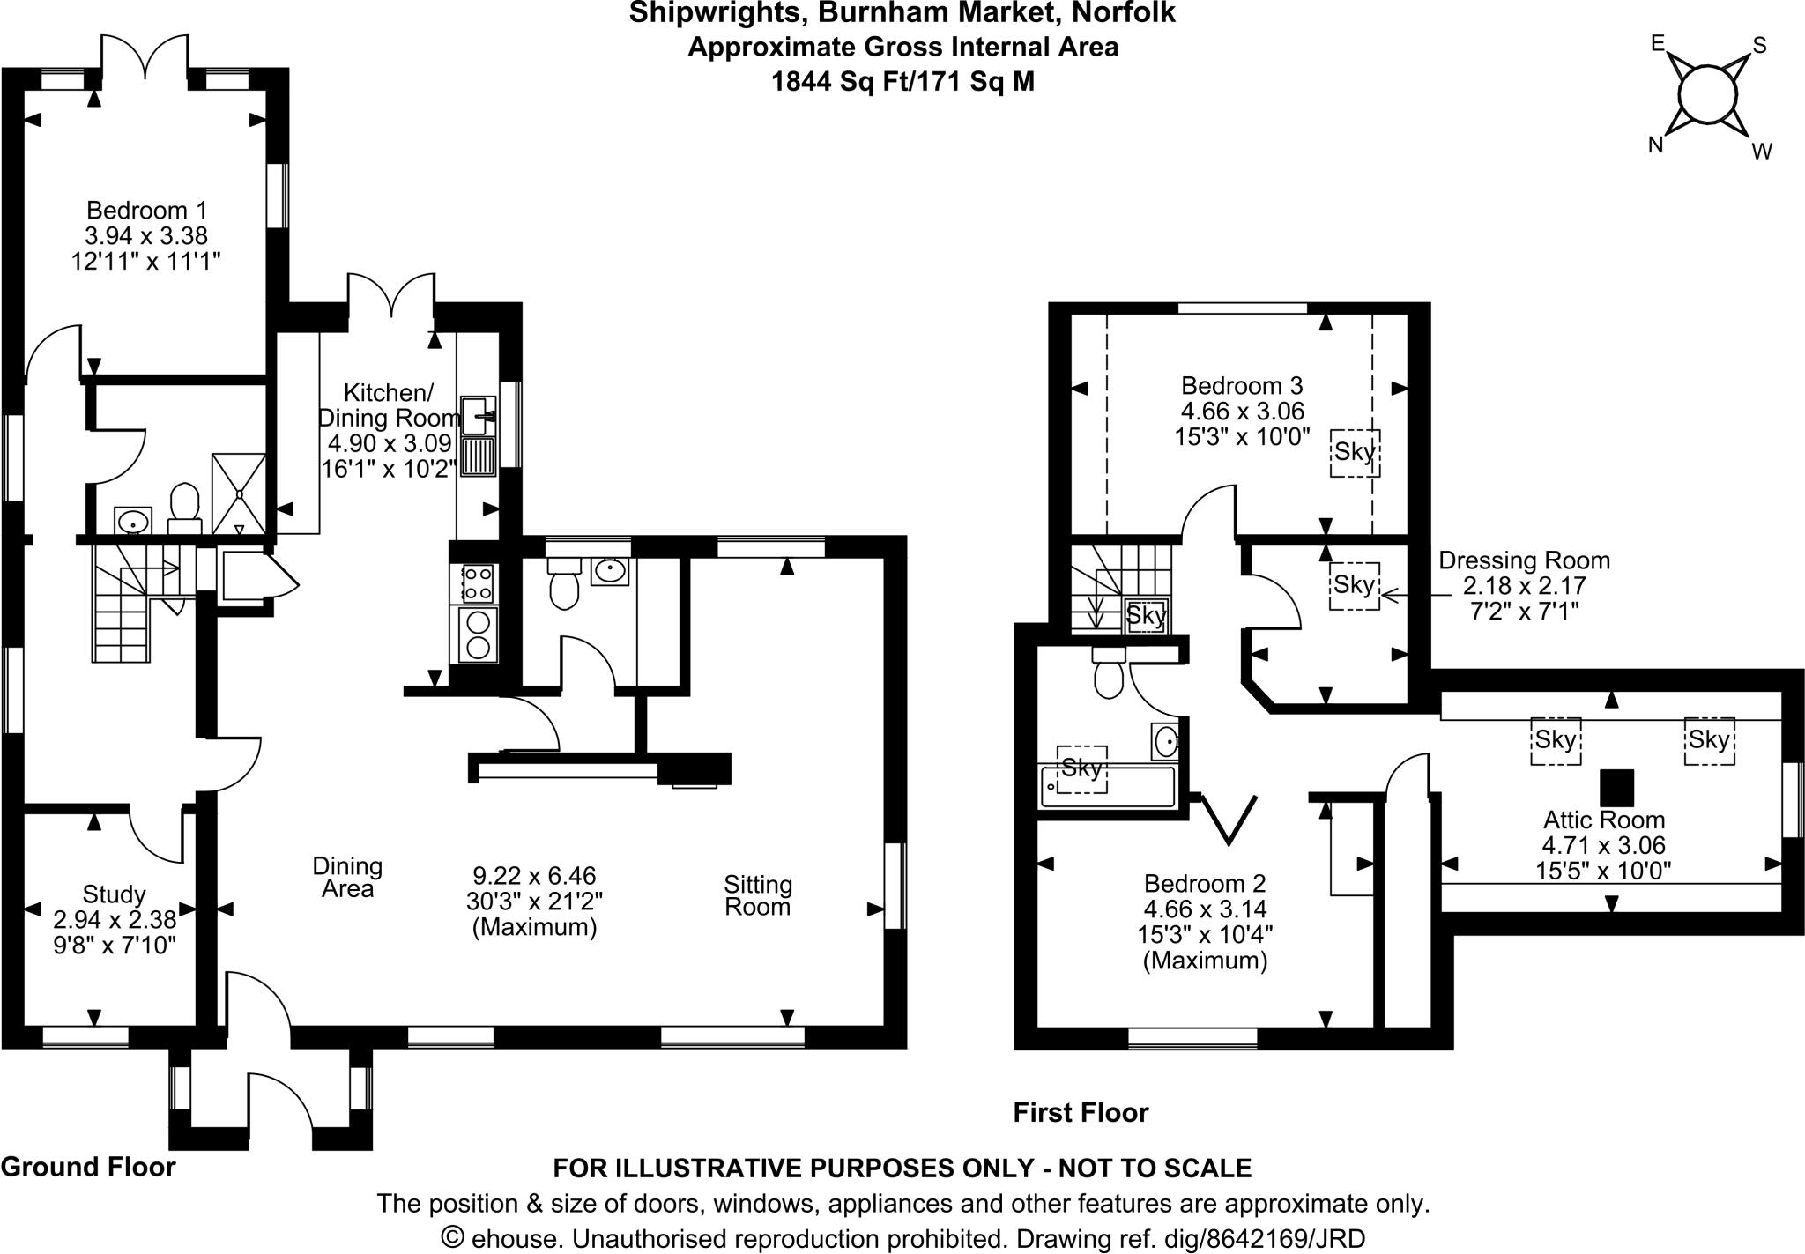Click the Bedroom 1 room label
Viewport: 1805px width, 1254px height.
point(147,211)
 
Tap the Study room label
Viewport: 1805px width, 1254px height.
point(114,894)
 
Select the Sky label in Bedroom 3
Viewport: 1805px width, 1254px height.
point(1355,452)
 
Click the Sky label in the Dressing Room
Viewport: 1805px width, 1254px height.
point(1354,585)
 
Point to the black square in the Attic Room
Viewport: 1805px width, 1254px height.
point(1616,787)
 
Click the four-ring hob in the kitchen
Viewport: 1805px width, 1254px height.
point(477,583)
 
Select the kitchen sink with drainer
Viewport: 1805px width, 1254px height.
point(479,435)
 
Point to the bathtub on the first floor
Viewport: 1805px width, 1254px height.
point(1108,786)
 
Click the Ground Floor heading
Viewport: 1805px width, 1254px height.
point(88,1167)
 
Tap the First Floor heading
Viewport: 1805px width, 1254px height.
point(1081,1112)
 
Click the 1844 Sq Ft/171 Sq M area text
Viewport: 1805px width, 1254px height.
point(902,82)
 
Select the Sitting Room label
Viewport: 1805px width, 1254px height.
point(758,895)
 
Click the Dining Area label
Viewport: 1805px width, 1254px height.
point(347,878)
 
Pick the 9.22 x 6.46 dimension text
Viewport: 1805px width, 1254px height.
point(534,876)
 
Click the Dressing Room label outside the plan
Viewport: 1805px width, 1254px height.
point(1524,560)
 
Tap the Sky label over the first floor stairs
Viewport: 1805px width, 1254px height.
point(1146,615)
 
